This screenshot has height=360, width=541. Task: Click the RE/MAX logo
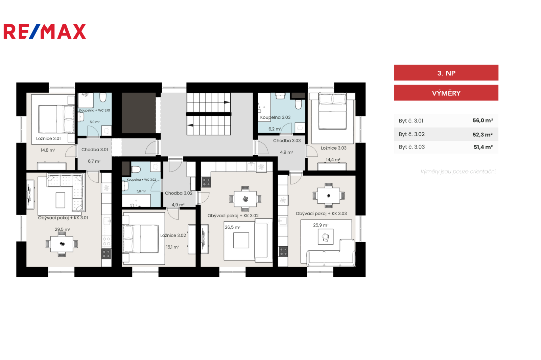click(x=45, y=31)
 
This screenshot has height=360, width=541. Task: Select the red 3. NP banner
click(x=446, y=72)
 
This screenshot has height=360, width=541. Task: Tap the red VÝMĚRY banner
click(x=446, y=93)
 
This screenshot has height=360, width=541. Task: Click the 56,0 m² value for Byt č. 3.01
click(x=483, y=120)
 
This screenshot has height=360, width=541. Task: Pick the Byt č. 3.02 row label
click(x=411, y=134)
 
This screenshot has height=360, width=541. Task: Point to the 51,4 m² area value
click(x=483, y=147)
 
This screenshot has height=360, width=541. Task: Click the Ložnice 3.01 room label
click(x=48, y=138)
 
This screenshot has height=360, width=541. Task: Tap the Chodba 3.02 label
click(x=179, y=193)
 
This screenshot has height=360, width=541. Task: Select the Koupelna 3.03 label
click(x=275, y=117)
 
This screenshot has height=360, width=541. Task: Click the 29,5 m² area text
click(x=62, y=229)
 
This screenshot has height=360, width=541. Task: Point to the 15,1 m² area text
click(x=172, y=247)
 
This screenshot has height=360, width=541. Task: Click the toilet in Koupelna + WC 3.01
click(x=103, y=97)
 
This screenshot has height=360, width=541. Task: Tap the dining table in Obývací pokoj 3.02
click(x=245, y=199)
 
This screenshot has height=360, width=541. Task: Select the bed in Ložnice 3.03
click(x=333, y=111)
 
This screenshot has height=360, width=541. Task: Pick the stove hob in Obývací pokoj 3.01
click(x=106, y=254)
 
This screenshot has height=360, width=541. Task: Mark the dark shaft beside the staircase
click(x=139, y=113)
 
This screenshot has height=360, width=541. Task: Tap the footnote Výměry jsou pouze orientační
click(x=458, y=172)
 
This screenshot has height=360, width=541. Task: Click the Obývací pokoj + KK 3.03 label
click(x=321, y=213)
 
